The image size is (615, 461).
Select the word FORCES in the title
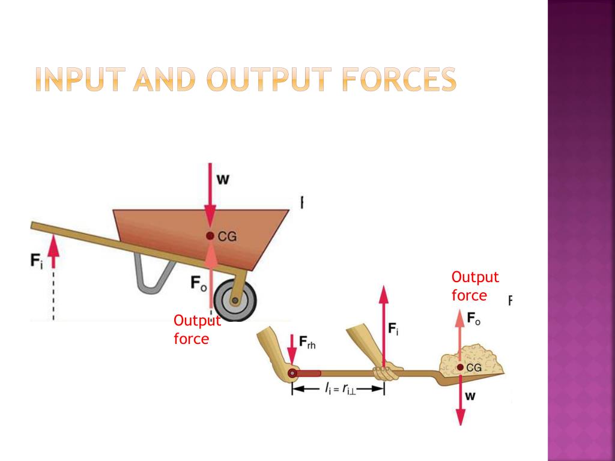399,80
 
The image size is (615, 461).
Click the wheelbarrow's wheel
235,300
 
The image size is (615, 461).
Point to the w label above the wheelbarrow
222,179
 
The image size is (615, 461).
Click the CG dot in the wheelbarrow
210,236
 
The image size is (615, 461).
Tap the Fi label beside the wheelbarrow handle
37,262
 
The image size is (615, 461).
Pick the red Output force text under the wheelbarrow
196,330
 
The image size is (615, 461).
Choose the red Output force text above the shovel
474,286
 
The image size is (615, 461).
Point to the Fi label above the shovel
393,328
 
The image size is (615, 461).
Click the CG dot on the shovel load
460,367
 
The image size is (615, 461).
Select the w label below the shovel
470,397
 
